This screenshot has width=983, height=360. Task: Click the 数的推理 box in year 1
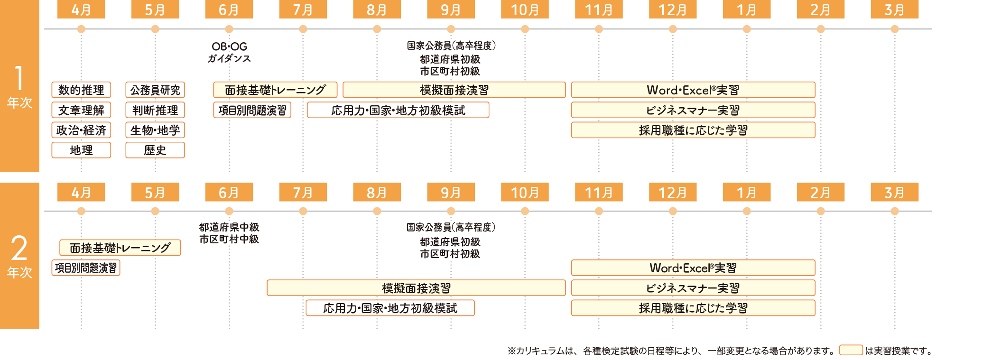pos(81,90)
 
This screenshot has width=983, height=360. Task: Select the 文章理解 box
pos(81,110)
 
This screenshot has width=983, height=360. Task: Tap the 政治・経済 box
pos(81,130)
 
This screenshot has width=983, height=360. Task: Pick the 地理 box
pos(81,150)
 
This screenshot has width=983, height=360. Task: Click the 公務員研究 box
pos(155,90)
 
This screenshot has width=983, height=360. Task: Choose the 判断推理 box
pos(155,110)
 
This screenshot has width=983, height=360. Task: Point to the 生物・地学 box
pos(155,130)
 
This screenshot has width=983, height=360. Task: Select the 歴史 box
pos(155,150)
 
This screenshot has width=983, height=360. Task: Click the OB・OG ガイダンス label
pos(229,52)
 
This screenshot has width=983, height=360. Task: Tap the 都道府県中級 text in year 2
pos(229,227)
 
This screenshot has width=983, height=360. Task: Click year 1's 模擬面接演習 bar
pos(454,90)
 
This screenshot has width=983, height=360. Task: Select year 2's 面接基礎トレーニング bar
pos(120,248)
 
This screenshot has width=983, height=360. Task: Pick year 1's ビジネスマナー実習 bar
pos(693,110)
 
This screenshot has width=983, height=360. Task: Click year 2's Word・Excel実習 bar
pos(693,268)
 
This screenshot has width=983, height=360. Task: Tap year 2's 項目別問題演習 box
pos(86,268)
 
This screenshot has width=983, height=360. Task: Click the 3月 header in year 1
pos(895,9)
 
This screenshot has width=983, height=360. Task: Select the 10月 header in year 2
pos(525,192)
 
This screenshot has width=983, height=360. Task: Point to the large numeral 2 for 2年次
pos(19,248)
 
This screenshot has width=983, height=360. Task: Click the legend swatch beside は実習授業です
pos(851,350)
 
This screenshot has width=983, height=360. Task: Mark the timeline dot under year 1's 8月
pos(377,29)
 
